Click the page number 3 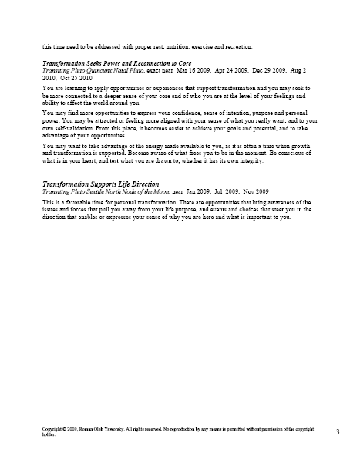[338, 431]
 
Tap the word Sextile [100, 192]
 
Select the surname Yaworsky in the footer [126, 427]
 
